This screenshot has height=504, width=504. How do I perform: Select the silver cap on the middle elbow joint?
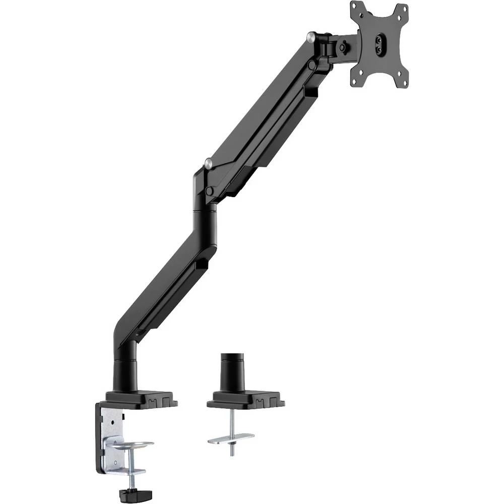(207, 162)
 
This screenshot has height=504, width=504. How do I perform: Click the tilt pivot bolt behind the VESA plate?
(343, 47)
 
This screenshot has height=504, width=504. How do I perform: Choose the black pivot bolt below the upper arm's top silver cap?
(313, 65)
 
